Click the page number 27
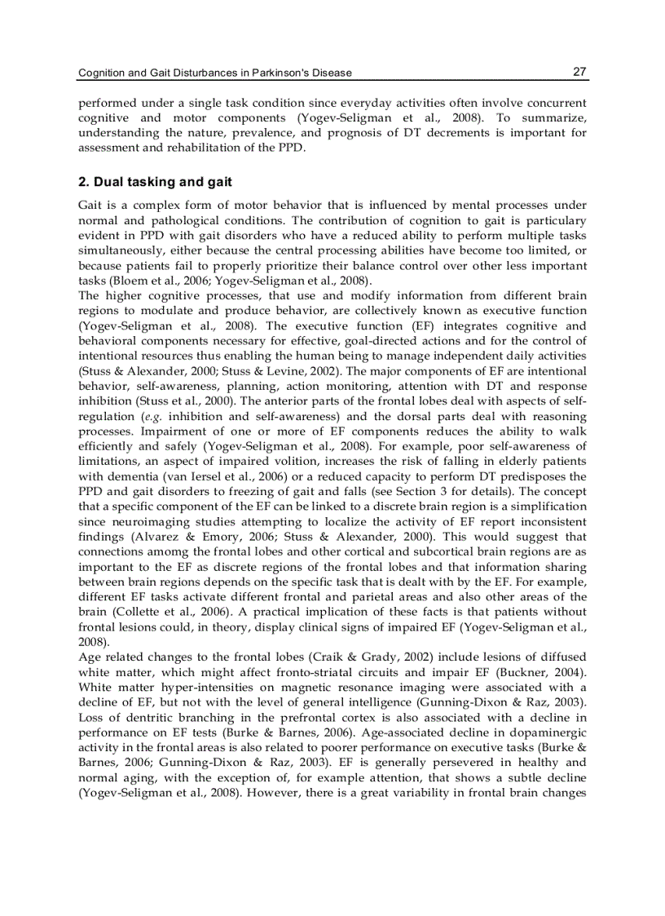tap(579, 72)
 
